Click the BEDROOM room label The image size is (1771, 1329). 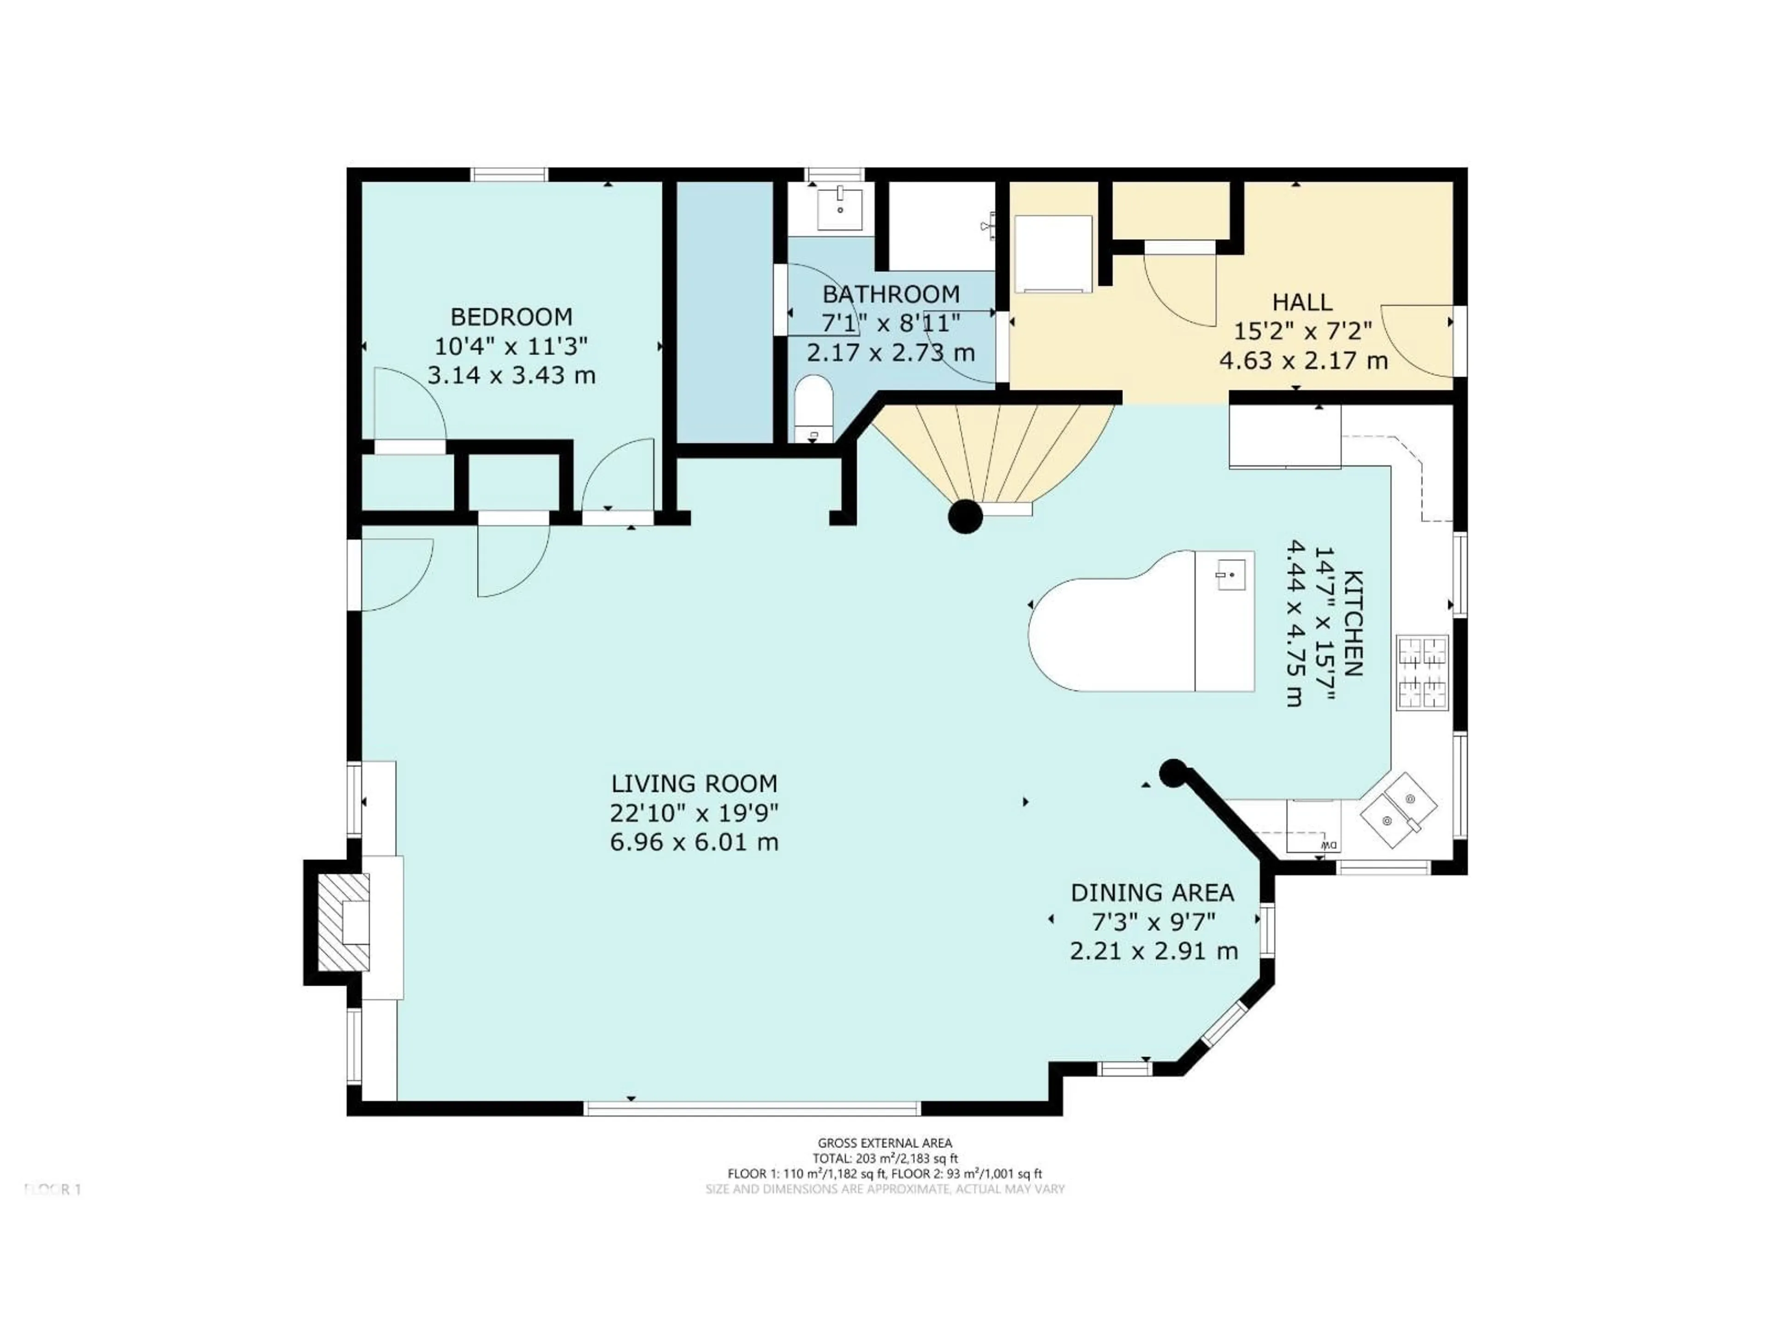click(511, 317)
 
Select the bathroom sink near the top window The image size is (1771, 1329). click(840, 207)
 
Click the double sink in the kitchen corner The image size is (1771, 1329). click(1398, 811)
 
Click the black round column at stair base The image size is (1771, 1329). click(965, 517)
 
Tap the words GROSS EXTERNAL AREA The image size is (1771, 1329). click(885, 1143)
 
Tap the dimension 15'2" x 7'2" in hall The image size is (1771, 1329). click(1302, 331)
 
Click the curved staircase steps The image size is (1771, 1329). click(993, 453)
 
